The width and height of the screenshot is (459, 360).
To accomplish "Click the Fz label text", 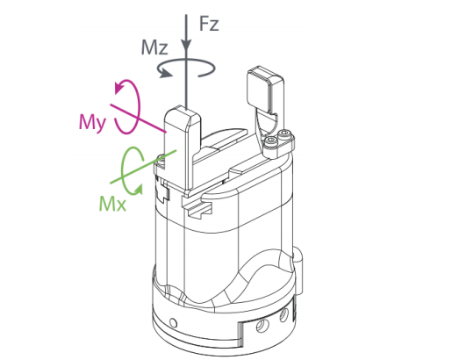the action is click(209, 24).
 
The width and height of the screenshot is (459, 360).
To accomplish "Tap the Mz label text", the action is click(154, 47).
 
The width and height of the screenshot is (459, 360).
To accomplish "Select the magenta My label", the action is click(92, 122).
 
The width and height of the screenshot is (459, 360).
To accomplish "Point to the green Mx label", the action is click(112, 204).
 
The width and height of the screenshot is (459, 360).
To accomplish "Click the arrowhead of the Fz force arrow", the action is click(186, 47).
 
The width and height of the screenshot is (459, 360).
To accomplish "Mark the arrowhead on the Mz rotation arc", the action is click(165, 73).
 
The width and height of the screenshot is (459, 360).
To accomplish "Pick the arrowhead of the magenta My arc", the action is click(119, 87).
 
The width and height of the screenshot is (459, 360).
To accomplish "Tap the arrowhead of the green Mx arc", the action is click(139, 190).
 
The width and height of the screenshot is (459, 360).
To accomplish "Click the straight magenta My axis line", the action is click(138, 118).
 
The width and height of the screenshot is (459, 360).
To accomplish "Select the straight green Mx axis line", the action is click(143, 167).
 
